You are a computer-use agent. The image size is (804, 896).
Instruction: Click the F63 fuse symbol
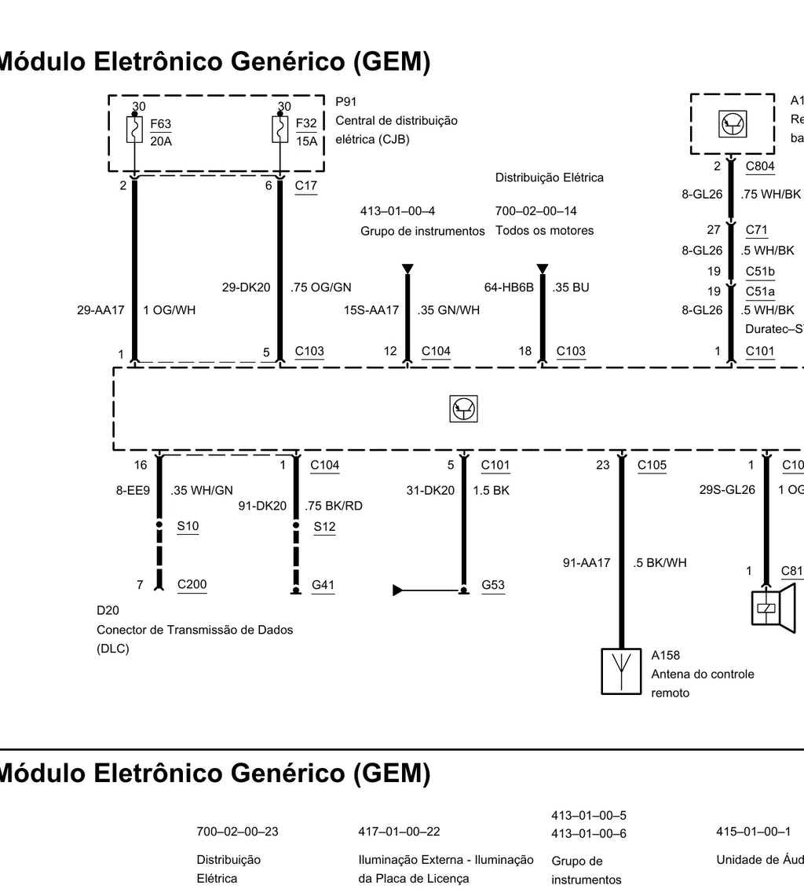pyautogui.click(x=134, y=130)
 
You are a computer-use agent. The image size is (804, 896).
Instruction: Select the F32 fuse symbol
pyautogui.click(x=280, y=130)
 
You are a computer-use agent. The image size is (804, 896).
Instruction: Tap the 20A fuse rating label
pyautogui.click(x=161, y=141)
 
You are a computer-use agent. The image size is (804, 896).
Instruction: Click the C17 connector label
pyautogui.click(x=305, y=185)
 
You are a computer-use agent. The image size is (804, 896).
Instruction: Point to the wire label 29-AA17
pyautogui.click(x=100, y=310)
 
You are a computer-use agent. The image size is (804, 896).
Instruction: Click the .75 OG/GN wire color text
pyautogui.click(x=320, y=287)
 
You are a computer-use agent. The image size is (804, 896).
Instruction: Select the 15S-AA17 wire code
pyautogui.click(x=371, y=310)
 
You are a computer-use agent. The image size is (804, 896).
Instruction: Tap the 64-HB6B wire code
pyautogui.click(x=509, y=287)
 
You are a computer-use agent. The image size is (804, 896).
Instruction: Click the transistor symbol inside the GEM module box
pyautogui.click(x=463, y=409)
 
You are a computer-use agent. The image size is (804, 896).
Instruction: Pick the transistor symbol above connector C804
pyautogui.click(x=733, y=125)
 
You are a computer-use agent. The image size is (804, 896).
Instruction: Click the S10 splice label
pyautogui.click(x=188, y=526)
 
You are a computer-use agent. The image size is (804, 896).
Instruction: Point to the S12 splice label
pyautogui.click(x=324, y=527)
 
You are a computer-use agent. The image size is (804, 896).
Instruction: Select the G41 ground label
pyautogui.click(x=323, y=585)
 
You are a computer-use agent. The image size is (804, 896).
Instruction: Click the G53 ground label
pyautogui.click(x=493, y=585)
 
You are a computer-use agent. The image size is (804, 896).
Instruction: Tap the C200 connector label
pyautogui.click(x=192, y=584)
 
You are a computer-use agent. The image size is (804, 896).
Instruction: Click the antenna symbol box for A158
pyautogui.click(x=621, y=671)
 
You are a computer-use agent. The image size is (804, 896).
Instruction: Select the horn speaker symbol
pyautogui.click(x=773, y=608)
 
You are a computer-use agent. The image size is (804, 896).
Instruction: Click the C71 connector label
pyautogui.click(x=757, y=230)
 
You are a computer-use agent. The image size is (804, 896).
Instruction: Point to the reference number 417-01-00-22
pyautogui.click(x=400, y=832)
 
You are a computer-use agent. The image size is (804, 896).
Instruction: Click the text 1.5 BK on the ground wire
pyautogui.click(x=491, y=490)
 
